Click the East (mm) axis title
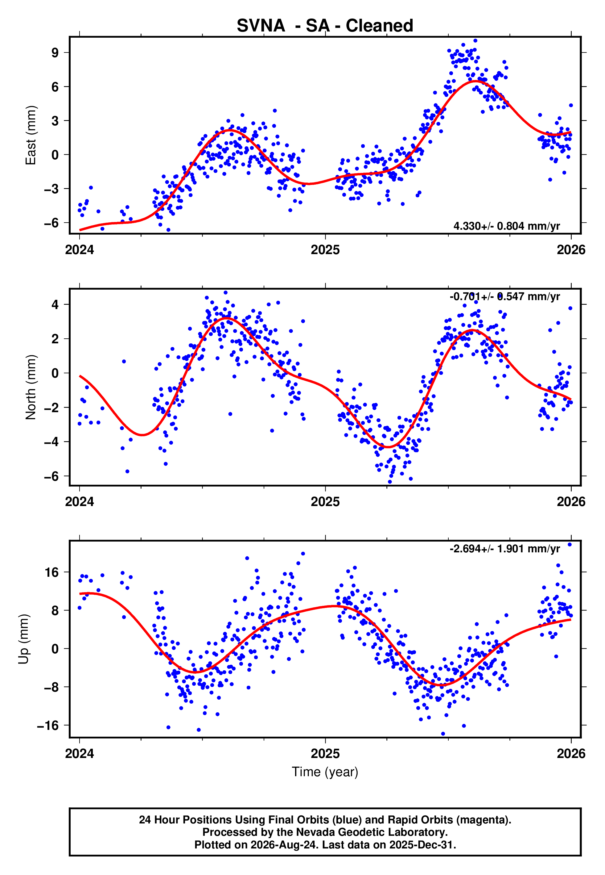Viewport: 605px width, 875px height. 31,136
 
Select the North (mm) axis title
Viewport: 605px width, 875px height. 31,387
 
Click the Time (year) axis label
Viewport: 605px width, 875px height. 325,772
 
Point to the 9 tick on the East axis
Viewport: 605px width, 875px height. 55,53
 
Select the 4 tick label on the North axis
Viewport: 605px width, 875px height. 55,304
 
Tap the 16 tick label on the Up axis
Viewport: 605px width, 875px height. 51,572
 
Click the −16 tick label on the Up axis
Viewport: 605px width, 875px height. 48,726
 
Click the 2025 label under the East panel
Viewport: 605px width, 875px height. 325,250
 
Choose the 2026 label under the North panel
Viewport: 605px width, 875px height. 571,502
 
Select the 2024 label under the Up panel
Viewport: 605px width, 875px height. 80,754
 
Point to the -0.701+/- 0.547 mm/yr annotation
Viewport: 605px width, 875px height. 504,297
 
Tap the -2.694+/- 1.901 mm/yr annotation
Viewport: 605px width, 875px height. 504,549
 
